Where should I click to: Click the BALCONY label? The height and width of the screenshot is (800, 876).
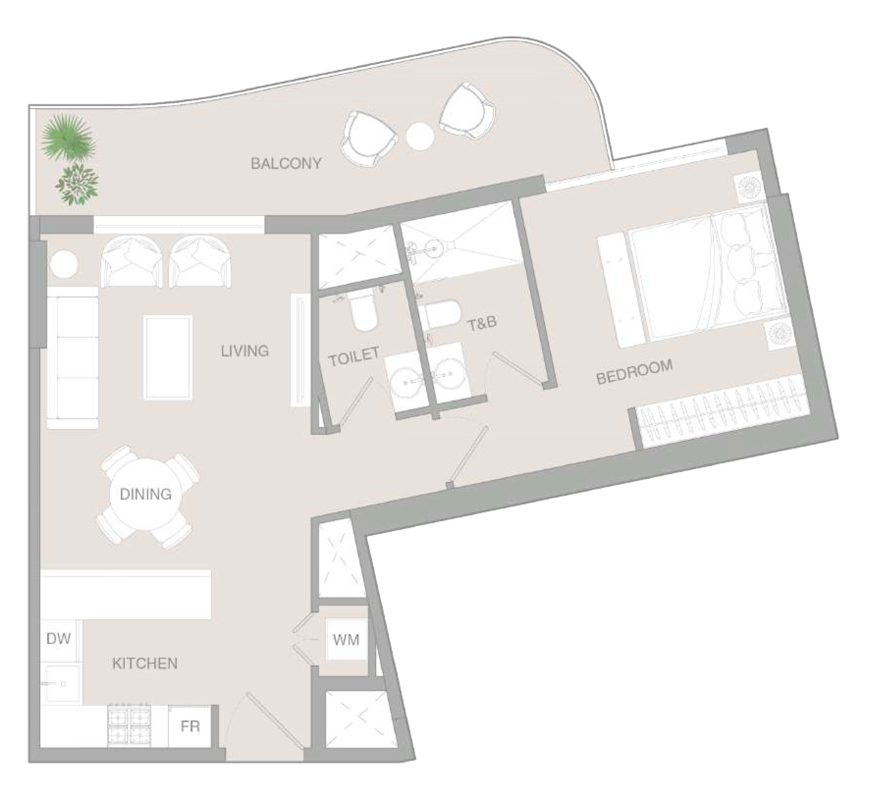286,163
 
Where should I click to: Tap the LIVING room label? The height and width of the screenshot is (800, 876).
245,351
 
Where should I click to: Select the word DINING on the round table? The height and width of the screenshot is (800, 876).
146,494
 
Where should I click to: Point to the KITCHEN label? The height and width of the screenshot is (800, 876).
145,664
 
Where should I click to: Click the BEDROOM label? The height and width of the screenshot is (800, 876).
634,371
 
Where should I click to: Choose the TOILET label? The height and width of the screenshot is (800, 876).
354,356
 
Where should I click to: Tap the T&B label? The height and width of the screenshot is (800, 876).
482,323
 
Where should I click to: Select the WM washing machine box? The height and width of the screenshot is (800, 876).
346,640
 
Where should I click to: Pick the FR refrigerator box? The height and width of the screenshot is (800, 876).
190,726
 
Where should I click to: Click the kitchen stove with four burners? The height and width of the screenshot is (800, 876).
130,726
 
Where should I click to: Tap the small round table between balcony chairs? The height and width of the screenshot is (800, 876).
420,136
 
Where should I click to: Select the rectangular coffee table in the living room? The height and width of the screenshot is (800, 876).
167,358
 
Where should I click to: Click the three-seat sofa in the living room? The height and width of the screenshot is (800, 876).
73,358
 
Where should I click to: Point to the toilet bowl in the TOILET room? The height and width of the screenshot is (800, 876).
364,311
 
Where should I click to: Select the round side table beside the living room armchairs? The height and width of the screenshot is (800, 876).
63,265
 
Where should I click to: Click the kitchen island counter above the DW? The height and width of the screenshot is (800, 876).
126,594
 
